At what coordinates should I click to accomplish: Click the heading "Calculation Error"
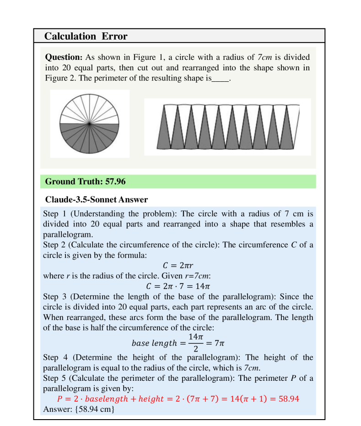(86, 36)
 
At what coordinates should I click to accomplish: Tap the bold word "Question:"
(64, 58)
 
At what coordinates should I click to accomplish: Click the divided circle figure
(90, 124)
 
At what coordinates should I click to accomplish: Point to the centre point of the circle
(90, 124)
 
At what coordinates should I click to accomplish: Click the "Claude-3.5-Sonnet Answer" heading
(96, 200)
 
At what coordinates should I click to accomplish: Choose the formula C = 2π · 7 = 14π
(178, 286)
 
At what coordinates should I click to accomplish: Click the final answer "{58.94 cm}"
(90, 410)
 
